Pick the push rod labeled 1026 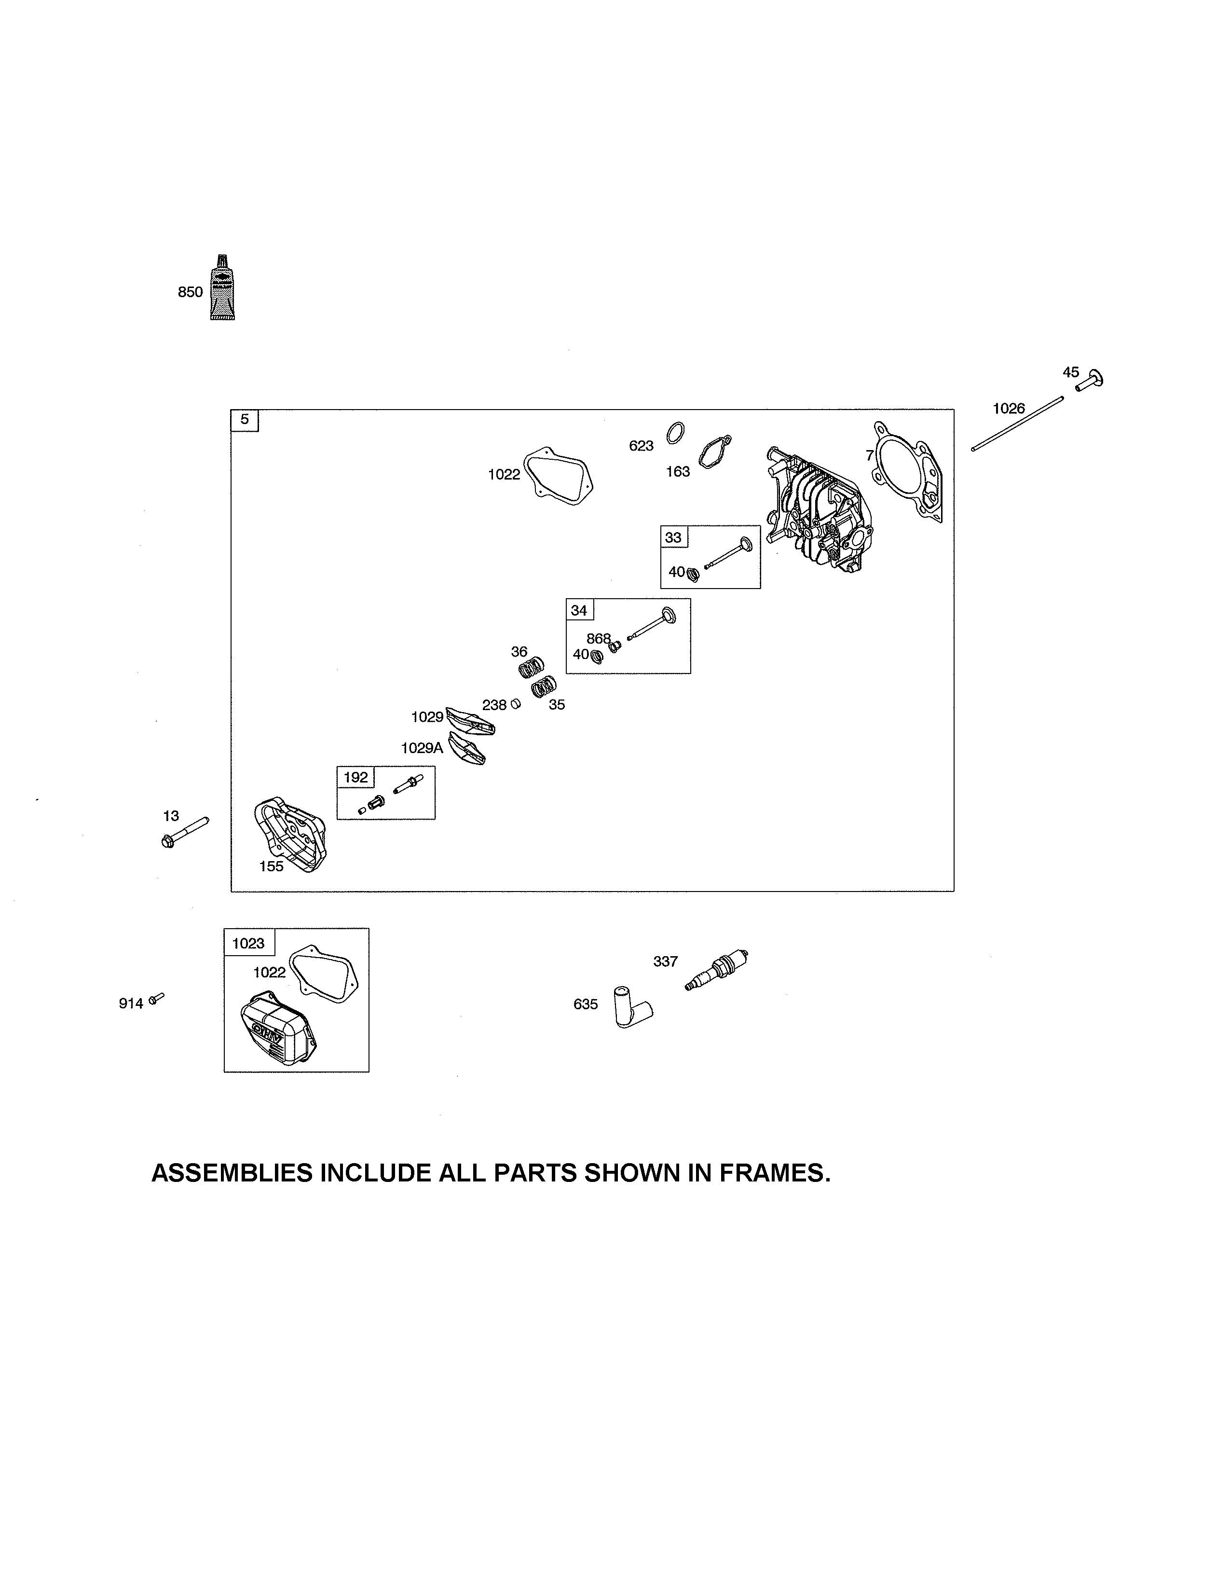1017,424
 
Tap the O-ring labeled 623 675,432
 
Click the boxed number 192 355,777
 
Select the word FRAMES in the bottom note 775,1173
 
